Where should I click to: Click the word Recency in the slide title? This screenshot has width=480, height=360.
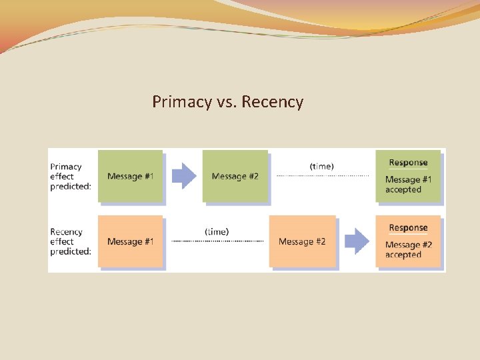click(273, 102)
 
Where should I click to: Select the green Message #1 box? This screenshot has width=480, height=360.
click(130, 176)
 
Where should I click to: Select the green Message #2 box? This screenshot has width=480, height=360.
click(235, 176)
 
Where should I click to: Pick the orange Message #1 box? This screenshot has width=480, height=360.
click(130, 241)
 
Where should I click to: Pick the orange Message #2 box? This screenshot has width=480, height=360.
click(302, 241)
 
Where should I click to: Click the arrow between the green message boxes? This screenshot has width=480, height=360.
click(184, 176)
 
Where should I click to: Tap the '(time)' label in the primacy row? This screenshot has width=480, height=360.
click(322, 165)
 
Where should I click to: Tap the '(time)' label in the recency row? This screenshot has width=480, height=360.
click(217, 231)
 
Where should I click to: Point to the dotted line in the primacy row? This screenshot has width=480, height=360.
click(322, 175)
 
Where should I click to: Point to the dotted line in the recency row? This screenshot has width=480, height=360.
click(217, 241)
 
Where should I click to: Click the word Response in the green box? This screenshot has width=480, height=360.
click(408, 163)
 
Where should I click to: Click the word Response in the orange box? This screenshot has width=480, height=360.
click(408, 228)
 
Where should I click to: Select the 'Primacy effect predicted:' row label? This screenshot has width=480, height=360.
click(70, 177)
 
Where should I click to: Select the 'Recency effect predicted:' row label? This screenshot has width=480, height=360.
click(70, 241)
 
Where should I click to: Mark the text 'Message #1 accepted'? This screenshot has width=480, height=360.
click(408, 185)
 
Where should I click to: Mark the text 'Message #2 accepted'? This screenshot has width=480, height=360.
click(408, 250)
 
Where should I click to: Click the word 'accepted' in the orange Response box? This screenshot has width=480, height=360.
click(403, 255)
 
